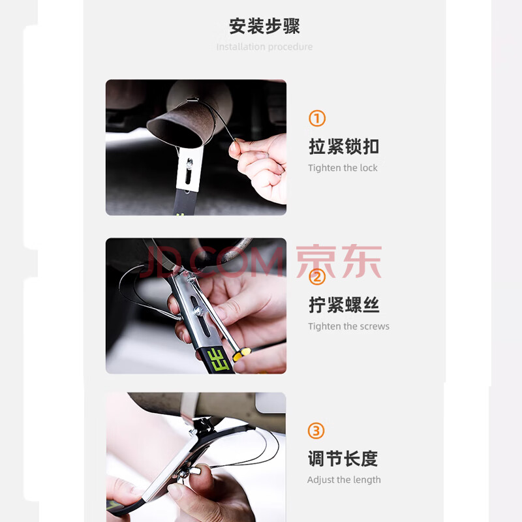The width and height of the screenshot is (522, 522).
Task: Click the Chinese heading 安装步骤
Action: tap(264, 26)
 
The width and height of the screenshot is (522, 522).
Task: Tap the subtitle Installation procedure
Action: tap(264, 47)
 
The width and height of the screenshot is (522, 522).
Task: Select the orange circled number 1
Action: tap(317, 119)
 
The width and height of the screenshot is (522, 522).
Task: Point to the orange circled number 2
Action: tap(317, 277)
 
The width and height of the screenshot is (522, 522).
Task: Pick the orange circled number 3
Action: tap(316, 431)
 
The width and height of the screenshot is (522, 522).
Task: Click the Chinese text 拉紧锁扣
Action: tap(344, 146)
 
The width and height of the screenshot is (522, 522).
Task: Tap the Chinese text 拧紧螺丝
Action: tap(344, 305)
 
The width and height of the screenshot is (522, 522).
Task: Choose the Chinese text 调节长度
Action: tap(343, 459)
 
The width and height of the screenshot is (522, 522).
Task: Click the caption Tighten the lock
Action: tap(343, 168)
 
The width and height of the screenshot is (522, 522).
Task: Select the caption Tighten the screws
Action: tap(348, 326)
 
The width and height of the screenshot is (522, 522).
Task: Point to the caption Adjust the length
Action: tap(344, 480)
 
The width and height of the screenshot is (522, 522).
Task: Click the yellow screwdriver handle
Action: tap(241, 354)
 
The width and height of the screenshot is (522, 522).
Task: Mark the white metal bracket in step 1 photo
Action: tap(189, 170)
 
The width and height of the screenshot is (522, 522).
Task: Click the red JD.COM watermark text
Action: tap(211, 262)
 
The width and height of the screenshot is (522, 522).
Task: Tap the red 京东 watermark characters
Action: tap(339, 262)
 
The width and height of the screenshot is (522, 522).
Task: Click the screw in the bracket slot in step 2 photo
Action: tap(198, 311)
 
